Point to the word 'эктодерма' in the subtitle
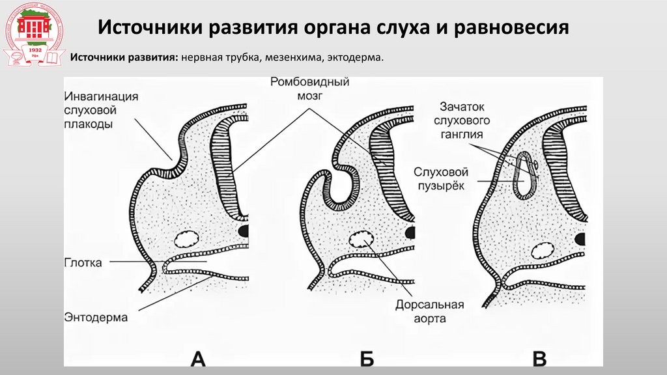click(355, 59)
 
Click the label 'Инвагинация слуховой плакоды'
click(101, 110)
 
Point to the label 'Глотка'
click(83, 263)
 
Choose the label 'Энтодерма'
click(96, 317)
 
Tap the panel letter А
click(198, 358)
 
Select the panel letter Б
click(367, 358)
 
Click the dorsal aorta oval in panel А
click(188, 238)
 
